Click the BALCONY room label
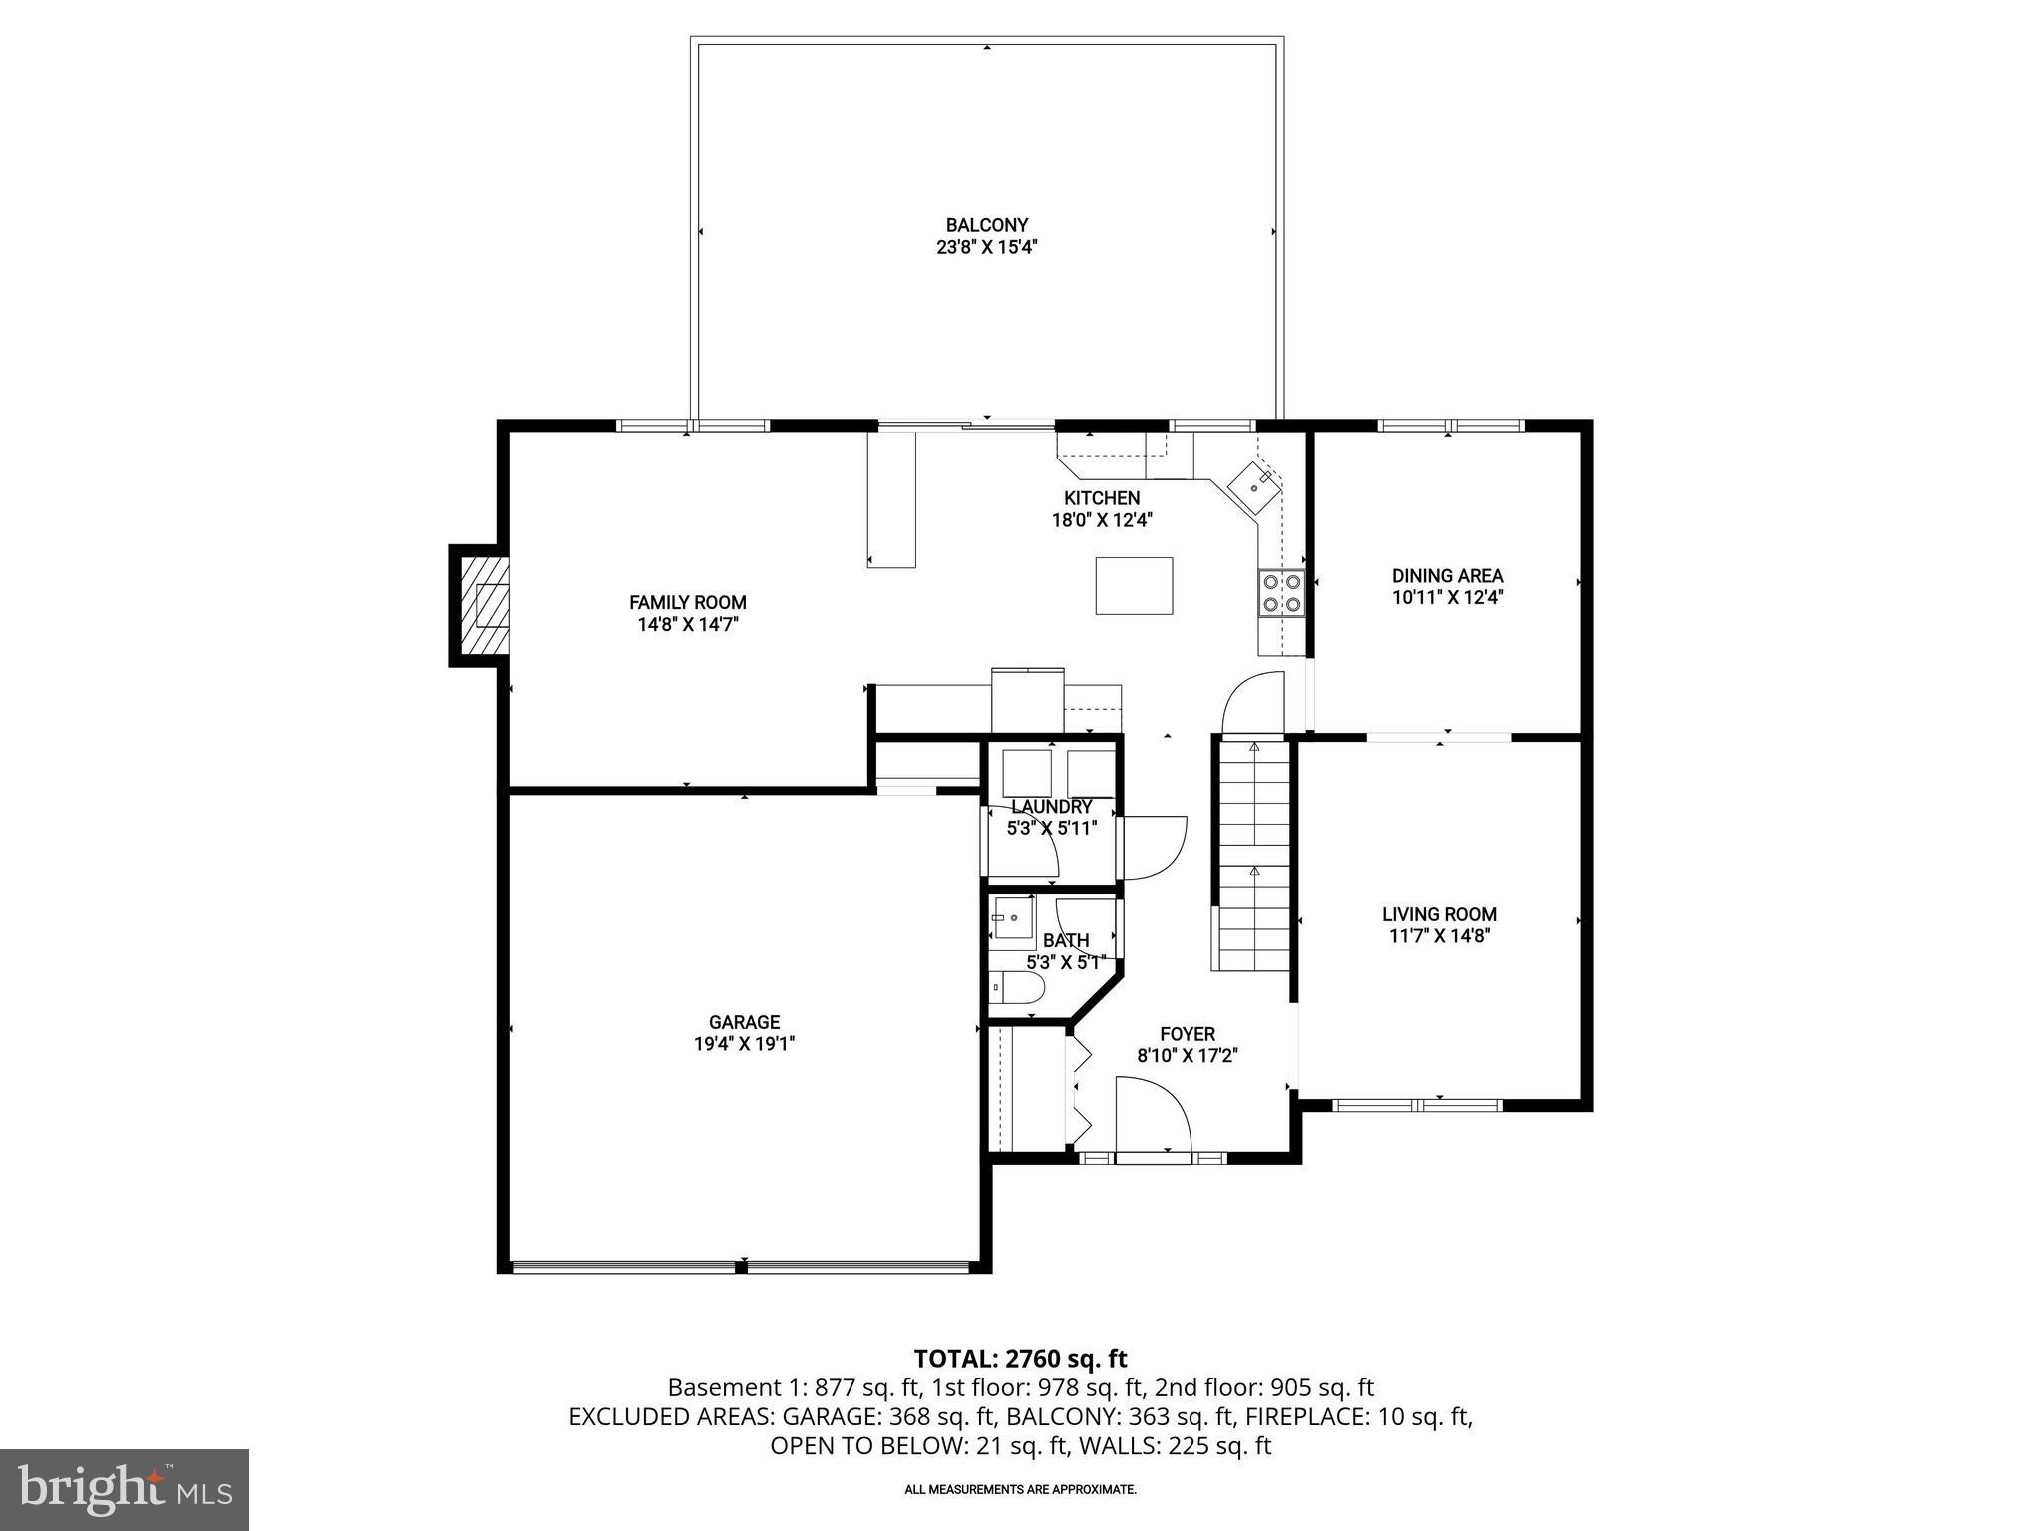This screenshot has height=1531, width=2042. click(986, 226)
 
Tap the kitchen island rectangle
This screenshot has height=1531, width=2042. click(1134, 586)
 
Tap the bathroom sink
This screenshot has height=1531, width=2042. click(1013, 917)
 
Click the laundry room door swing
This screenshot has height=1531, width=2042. click(1155, 847)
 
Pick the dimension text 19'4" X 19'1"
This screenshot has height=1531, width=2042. click(744, 1044)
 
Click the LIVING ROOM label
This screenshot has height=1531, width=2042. click(1439, 914)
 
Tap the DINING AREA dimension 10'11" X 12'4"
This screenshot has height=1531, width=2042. click(1448, 598)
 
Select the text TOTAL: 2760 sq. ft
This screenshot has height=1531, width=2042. click(1020, 1358)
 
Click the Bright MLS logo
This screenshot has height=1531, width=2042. click(125, 1489)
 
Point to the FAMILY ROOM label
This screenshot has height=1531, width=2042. click(687, 602)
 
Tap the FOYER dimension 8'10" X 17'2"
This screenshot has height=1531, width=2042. click(1187, 1056)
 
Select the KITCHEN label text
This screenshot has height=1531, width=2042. click(1101, 498)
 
